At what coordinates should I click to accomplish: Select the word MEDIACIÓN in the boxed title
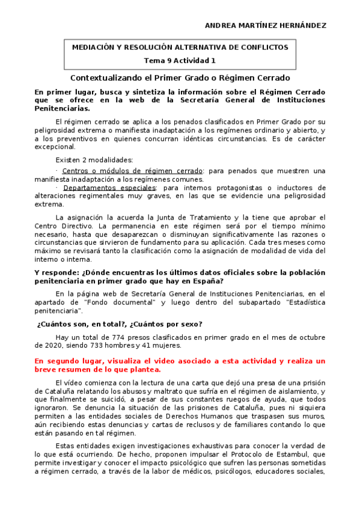click(x=96, y=47)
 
